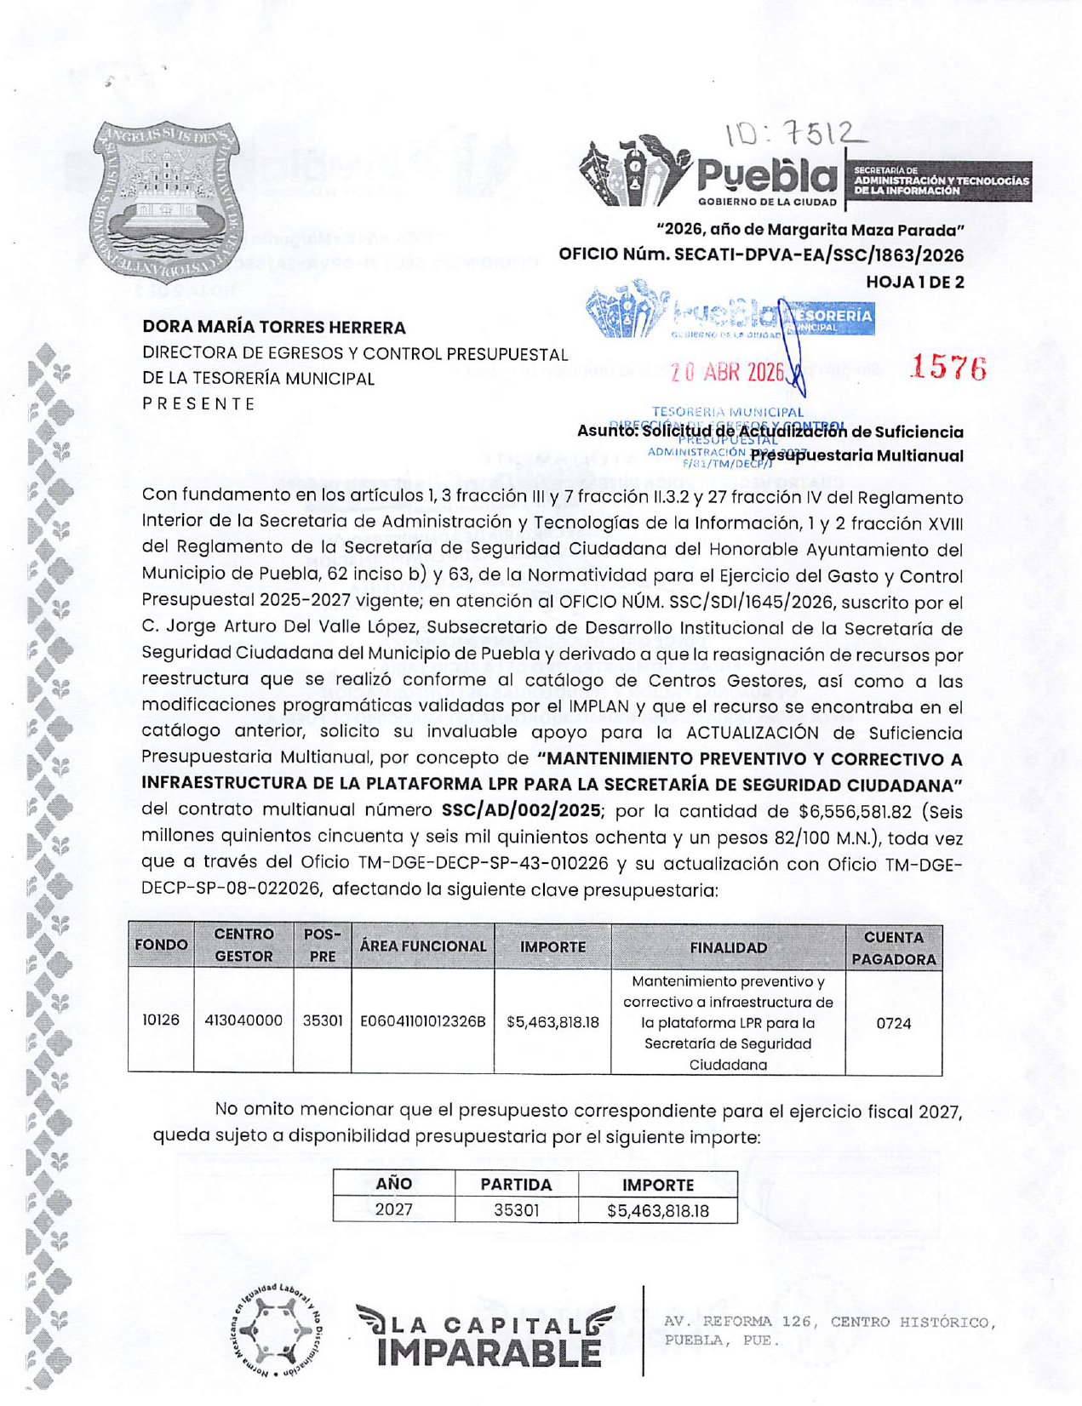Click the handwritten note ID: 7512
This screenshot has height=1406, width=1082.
point(793,134)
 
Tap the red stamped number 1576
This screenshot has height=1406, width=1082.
point(947,368)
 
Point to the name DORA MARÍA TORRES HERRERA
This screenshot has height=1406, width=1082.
point(273,328)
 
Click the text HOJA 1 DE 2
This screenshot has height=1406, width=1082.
point(914,282)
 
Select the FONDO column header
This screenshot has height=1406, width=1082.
point(161,946)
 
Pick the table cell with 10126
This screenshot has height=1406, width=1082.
point(160,1020)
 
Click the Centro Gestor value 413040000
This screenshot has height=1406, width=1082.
point(243,1020)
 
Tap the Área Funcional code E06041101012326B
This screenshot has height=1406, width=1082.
point(422,1021)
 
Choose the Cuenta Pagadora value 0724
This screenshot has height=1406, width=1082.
point(893,1024)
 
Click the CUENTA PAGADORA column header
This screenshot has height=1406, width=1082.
point(893,948)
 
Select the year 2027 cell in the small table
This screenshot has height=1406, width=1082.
point(393,1210)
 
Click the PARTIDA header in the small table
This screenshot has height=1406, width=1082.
point(516,1185)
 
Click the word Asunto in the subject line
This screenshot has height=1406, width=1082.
point(606,432)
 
